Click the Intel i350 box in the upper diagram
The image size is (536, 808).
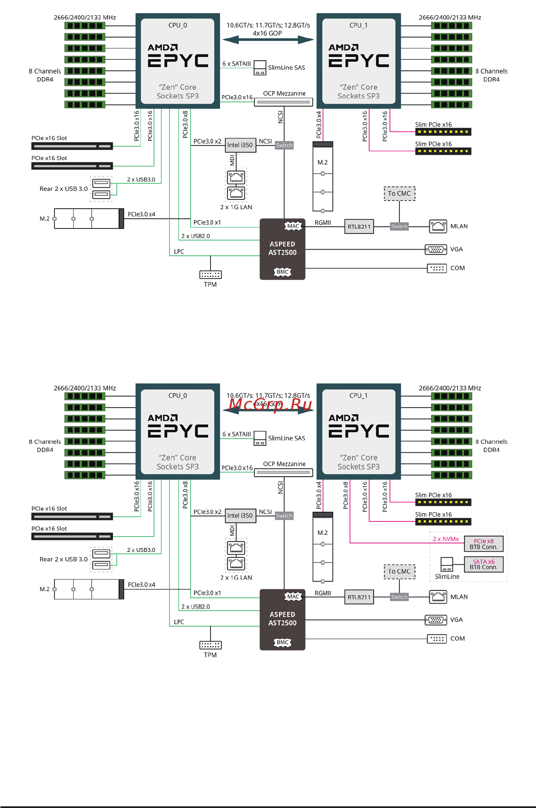240,145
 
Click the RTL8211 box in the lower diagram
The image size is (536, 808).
359,597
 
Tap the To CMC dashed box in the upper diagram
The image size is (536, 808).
399,193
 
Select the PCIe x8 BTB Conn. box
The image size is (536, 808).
483,544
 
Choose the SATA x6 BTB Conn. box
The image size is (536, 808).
483,564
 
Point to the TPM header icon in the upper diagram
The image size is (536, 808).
210,275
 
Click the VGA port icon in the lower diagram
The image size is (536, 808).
436,620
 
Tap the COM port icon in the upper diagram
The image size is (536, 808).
436,268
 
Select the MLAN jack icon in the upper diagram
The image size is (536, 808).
438,226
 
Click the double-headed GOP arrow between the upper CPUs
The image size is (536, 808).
268,40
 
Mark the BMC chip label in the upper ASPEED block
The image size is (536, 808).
282,272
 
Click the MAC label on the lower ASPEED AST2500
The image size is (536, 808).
293,596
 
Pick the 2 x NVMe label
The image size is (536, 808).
445,539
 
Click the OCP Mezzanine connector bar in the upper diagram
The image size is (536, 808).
283,102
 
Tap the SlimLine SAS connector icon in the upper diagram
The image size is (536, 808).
260,68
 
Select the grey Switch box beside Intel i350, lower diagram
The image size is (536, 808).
284,515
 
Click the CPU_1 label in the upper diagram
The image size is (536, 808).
358,25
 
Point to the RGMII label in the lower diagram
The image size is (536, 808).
323,593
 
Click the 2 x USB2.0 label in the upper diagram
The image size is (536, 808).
195,236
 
